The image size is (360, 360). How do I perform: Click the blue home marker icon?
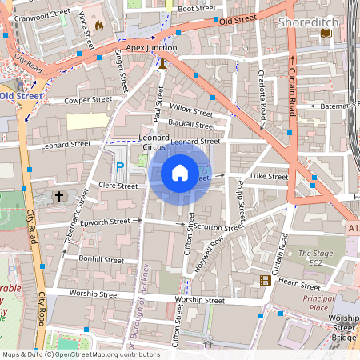(179, 173)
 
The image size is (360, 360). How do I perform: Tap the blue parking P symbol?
(120, 166)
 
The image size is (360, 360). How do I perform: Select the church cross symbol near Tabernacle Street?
(58, 195)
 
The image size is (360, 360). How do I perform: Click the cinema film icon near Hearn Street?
(265, 280)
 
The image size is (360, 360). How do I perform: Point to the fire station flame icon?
(99, 25)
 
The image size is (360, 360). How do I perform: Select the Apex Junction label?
(151, 47)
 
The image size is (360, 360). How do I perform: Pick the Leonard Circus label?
(154, 142)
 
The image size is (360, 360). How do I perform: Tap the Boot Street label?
(197, 8)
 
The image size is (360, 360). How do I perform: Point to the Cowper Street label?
(87, 100)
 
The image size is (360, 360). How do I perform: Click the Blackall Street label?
(191, 125)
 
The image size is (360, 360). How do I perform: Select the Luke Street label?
(268, 175)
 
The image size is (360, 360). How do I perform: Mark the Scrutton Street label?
(218, 227)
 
